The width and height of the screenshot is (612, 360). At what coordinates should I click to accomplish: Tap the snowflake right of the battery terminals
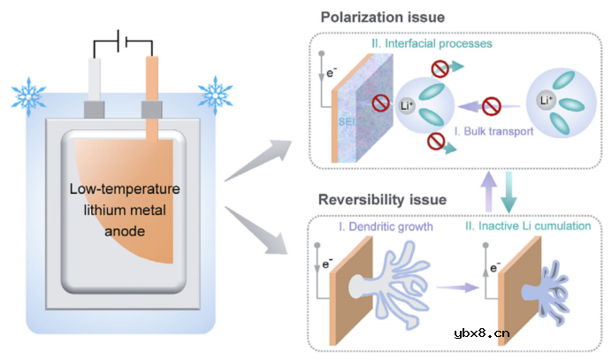point(215,93)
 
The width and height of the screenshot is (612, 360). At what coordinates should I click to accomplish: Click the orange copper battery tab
point(152,84)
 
